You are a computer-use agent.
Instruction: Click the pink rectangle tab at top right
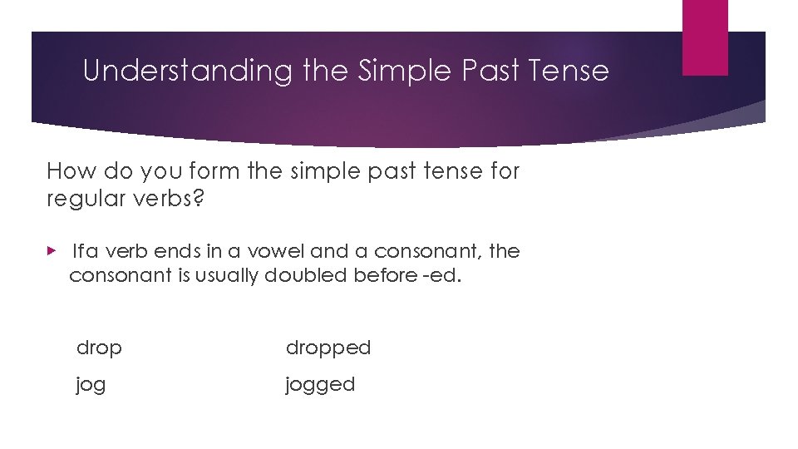click(x=705, y=37)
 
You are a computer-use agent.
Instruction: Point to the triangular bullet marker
click(x=52, y=251)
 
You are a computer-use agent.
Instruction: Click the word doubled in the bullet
click(x=306, y=275)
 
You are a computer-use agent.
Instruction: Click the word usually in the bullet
click(x=227, y=275)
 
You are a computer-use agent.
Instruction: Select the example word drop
click(x=99, y=348)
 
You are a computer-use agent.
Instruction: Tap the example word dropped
click(x=328, y=348)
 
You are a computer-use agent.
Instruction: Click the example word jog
click(x=91, y=385)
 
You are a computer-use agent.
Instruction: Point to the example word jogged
click(x=320, y=385)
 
